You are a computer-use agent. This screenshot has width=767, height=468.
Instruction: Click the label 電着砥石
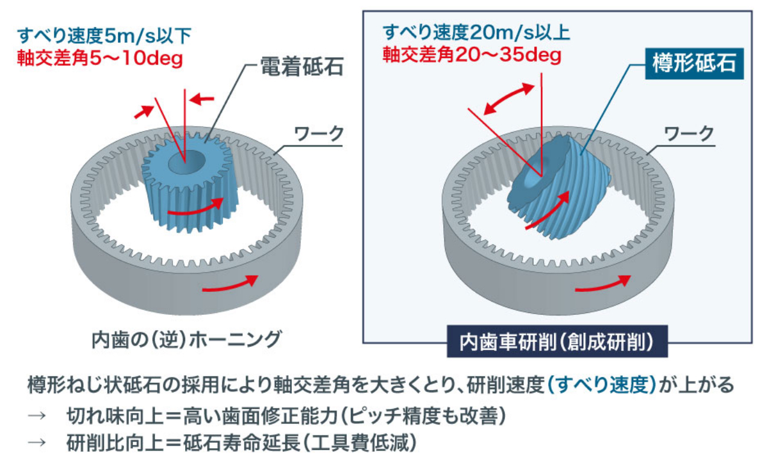[302, 66]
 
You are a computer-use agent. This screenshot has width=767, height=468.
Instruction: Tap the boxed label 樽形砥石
[695, 64]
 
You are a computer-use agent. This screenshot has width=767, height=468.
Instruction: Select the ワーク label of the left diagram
[319, 134]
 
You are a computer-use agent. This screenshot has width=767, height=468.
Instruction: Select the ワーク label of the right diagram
[689, 134]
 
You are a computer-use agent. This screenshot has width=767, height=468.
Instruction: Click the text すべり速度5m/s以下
[104, 36]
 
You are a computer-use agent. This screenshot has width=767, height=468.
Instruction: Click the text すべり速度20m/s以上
[476, 33]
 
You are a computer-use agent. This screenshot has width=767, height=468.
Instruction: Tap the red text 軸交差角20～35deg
[472, 55]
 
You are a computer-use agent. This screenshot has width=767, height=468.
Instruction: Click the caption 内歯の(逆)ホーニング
[186, 340]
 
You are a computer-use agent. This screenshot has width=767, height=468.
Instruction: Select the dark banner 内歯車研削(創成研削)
[557, 341]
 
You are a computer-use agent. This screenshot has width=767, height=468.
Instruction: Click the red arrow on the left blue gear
[196, 207]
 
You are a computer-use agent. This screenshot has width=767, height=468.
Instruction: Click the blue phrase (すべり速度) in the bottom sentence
[602, 385]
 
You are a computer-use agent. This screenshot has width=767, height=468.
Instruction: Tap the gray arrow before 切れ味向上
[37, 416]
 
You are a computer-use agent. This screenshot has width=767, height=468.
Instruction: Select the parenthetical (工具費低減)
[359, 443]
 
